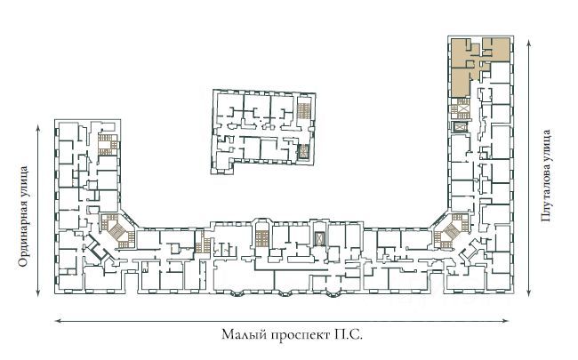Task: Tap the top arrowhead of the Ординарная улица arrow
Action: [38, 127]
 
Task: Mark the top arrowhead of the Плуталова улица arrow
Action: [529, 44]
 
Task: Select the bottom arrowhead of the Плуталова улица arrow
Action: [529, 292]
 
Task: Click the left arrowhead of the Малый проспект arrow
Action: [58, 321]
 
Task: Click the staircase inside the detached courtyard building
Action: [304, 110]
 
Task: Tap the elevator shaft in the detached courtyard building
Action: [303, 151]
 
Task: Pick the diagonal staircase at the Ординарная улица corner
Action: [117, 230]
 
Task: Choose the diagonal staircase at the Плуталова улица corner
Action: [451, 230]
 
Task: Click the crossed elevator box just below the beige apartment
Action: [461, 127]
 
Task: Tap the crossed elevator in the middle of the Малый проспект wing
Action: [317, 239]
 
